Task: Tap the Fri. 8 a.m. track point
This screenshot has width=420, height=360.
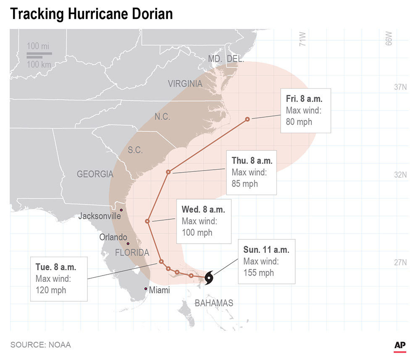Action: click(x=247, y=119)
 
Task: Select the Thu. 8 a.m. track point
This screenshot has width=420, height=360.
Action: click(x=168, y=172)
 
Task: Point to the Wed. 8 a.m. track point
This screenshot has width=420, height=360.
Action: click(x=147, y=221)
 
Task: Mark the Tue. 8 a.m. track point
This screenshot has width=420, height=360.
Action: click(x=161, y=262)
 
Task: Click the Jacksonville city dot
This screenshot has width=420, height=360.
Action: click(x=121, y=210)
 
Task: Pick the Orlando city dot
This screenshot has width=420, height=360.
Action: click(x=128, y=244)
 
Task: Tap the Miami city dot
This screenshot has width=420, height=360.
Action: click(x=146, y=289)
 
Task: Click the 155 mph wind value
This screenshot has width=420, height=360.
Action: click(x=258, y=273)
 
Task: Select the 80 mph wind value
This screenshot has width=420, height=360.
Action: click(x=299, y=122)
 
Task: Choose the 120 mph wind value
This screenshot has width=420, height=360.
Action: click(x=51, y=290)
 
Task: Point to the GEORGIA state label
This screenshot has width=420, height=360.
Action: click(x=95, y=174)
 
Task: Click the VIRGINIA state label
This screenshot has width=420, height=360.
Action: click(x=185, y=84)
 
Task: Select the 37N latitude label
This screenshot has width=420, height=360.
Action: click(x=397, y=87)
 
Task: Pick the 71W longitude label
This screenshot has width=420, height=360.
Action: click(x=302, y=40)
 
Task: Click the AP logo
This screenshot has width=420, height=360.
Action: click(x=400, y=344)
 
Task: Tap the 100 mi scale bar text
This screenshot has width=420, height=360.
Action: click(x=38, y=46)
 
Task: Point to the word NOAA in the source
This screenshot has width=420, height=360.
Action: click(x=59, y=345)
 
